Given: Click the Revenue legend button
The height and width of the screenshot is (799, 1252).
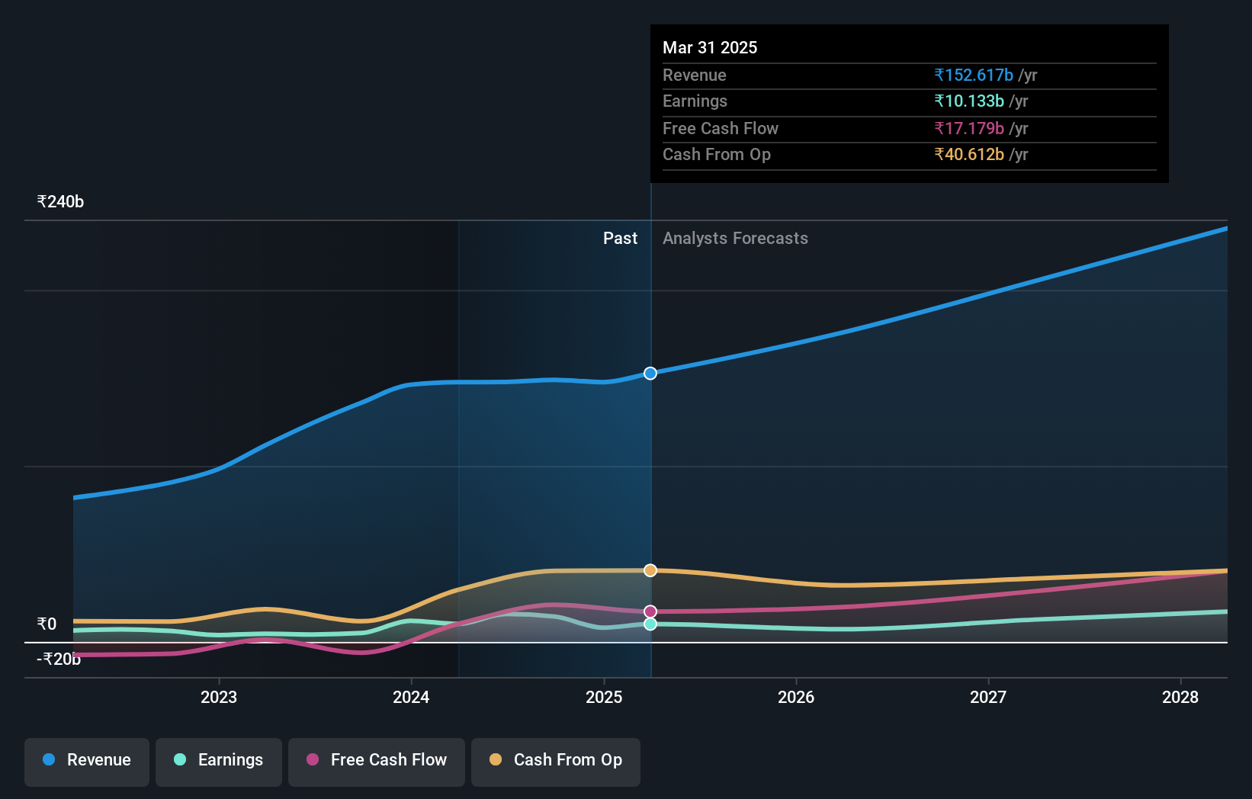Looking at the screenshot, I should (87, 760).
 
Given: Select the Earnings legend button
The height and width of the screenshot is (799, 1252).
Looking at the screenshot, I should (219, 760).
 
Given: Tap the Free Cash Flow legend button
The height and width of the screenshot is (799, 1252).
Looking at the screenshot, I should (377, 760).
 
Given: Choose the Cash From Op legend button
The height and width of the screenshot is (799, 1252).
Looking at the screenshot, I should (556, 760).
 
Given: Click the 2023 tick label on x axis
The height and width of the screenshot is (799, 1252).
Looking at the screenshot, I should (219, 697).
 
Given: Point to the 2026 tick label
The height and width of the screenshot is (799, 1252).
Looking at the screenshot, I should (796, 697).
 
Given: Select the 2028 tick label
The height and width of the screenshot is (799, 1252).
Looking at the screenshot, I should (1180, 697).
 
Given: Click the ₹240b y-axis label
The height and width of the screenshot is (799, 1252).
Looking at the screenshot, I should (60, 202).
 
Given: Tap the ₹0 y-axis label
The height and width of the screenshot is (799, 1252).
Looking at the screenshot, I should (47, 624).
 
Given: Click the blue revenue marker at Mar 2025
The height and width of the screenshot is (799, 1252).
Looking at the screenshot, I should (650, 374).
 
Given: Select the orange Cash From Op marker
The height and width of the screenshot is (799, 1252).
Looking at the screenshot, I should (650, 570).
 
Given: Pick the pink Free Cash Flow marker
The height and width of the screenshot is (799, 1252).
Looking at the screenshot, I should (650, 611).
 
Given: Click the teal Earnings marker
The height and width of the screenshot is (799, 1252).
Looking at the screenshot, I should (650, 624).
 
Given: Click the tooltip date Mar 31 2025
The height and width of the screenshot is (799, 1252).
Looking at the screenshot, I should (710, 48).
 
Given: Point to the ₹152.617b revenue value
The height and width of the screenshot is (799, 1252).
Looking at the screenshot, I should (974, 75).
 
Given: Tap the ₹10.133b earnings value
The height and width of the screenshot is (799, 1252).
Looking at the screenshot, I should (969, 101).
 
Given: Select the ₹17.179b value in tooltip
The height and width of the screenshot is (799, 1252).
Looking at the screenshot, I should (969, 129).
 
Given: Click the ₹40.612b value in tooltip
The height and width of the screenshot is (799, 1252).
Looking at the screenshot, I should (969, 155).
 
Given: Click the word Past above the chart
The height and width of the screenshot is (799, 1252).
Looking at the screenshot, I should (620, 239).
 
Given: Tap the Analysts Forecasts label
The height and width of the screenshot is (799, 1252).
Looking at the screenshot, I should (735, 239).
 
